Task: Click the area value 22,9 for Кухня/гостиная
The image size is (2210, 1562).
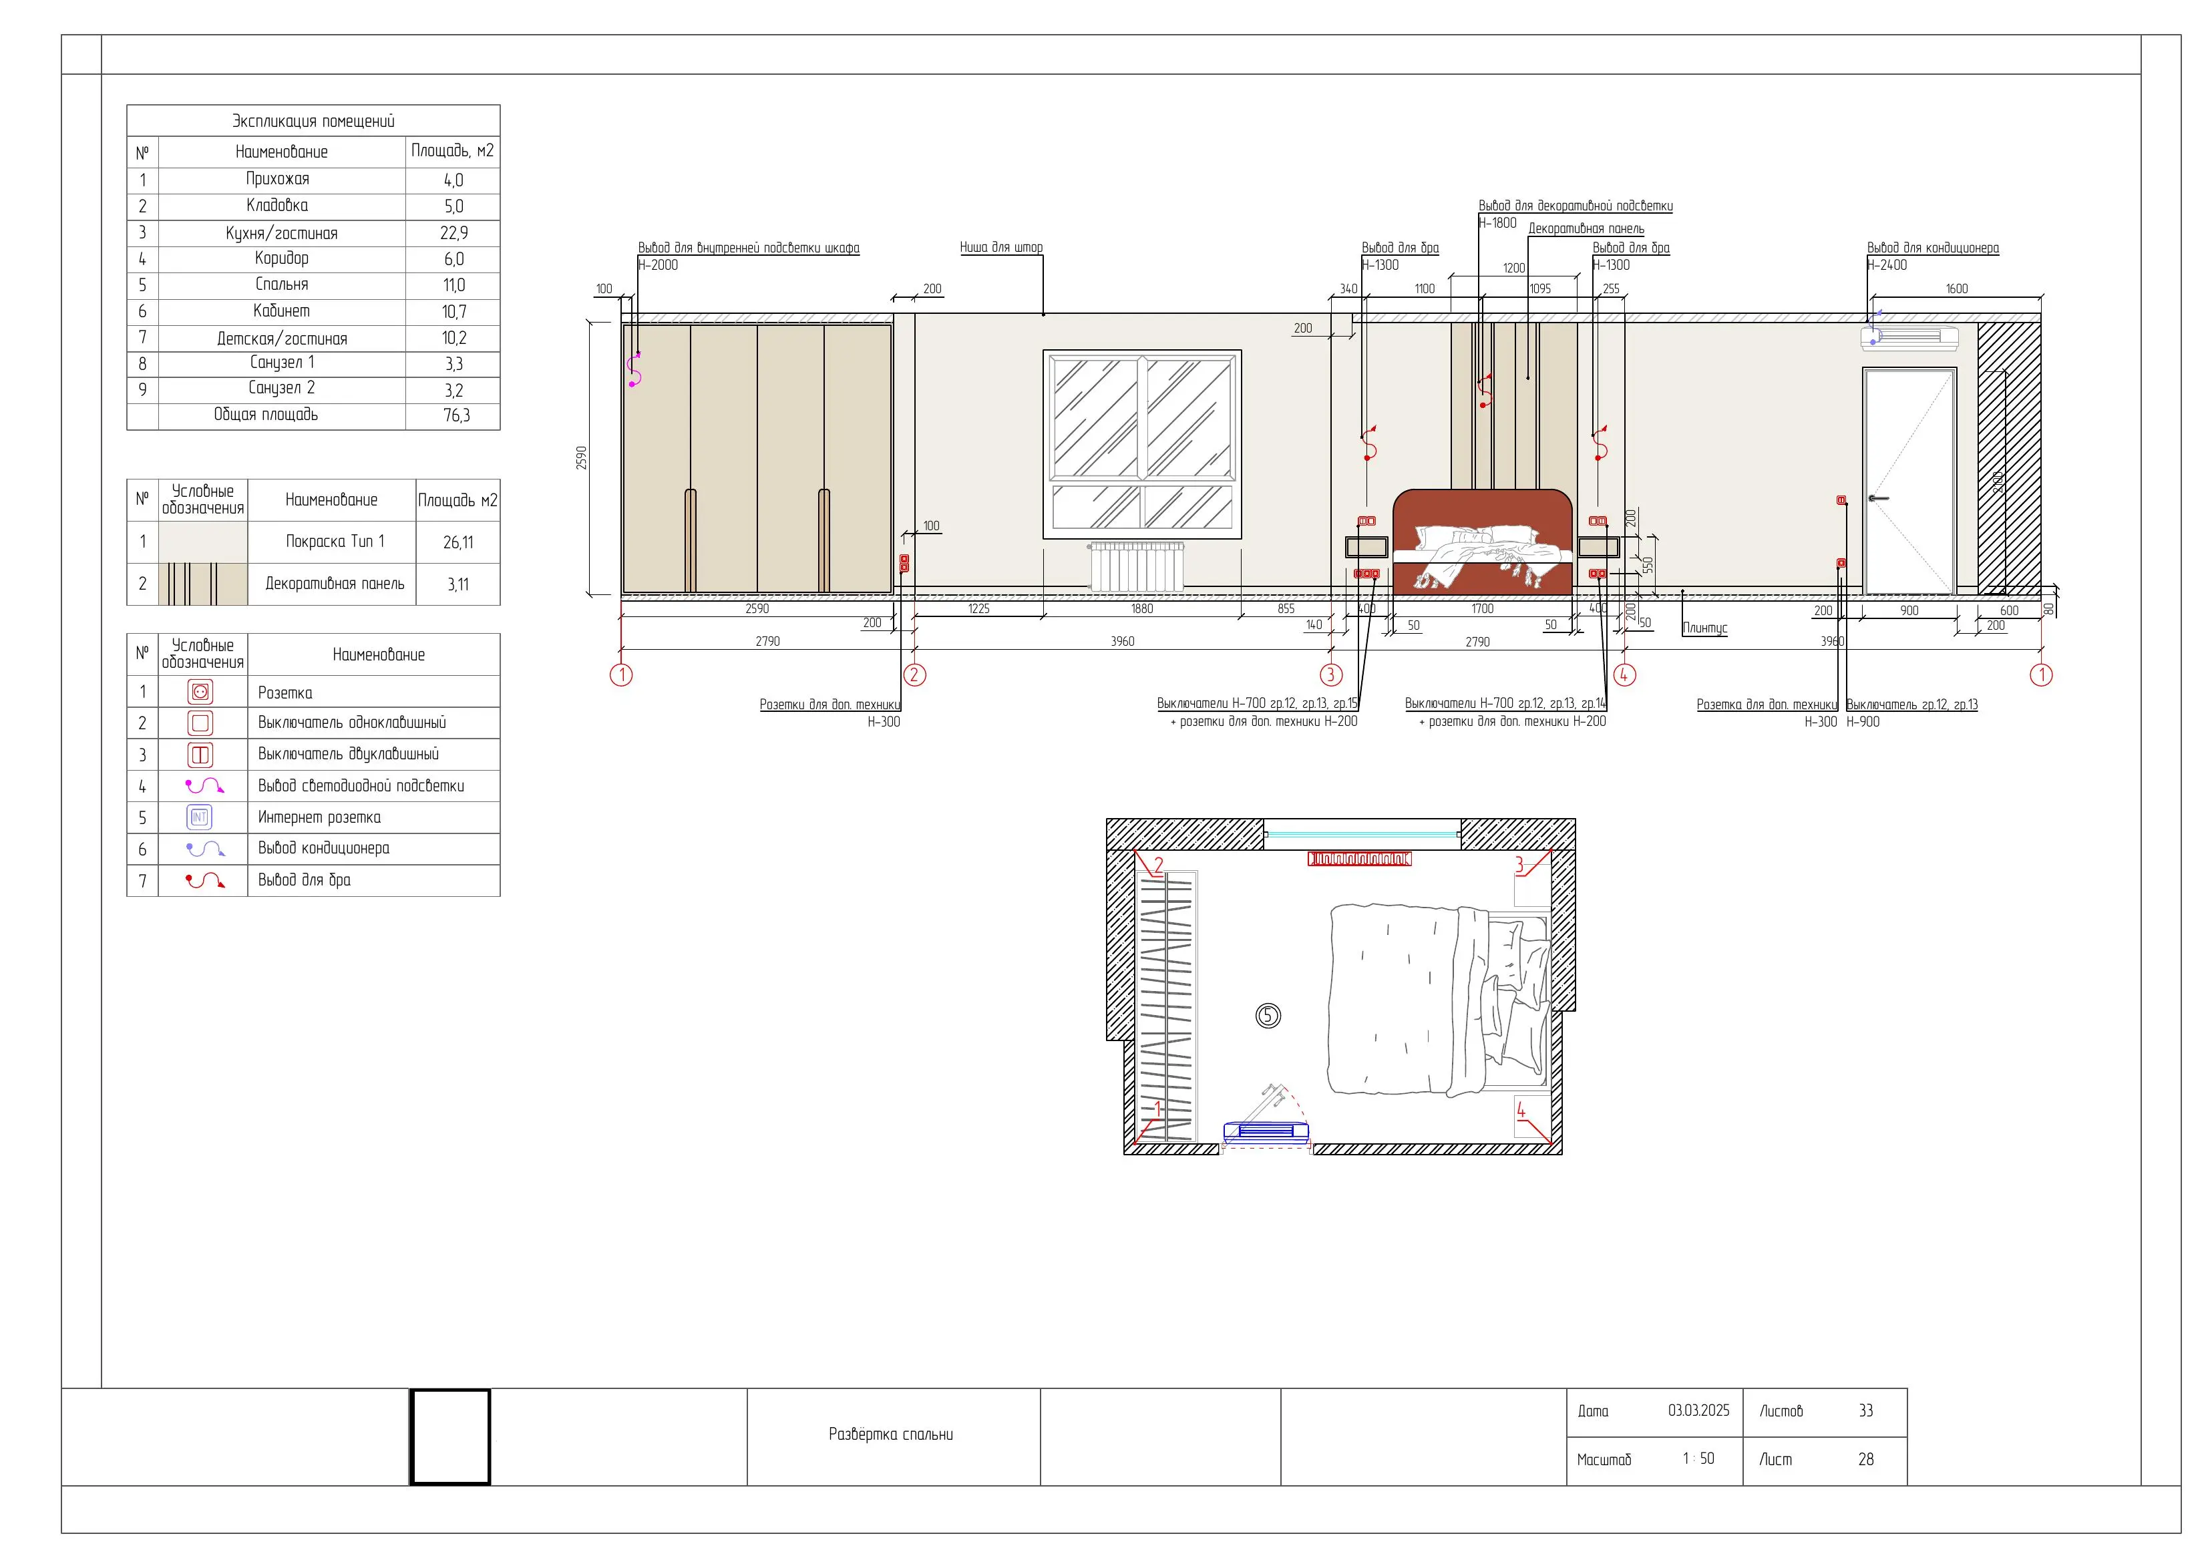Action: tap(453, 233)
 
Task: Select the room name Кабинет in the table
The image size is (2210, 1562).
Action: tap(281, 311)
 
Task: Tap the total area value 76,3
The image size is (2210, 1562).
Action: tap(456, 416)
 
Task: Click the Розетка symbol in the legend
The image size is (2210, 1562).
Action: tap(200, 692)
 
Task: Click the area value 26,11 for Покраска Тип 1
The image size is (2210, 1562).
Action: tap(458, 543)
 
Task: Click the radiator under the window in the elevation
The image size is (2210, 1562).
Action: tap(1137, 567)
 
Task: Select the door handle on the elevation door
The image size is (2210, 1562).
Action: tap(1877, 499)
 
